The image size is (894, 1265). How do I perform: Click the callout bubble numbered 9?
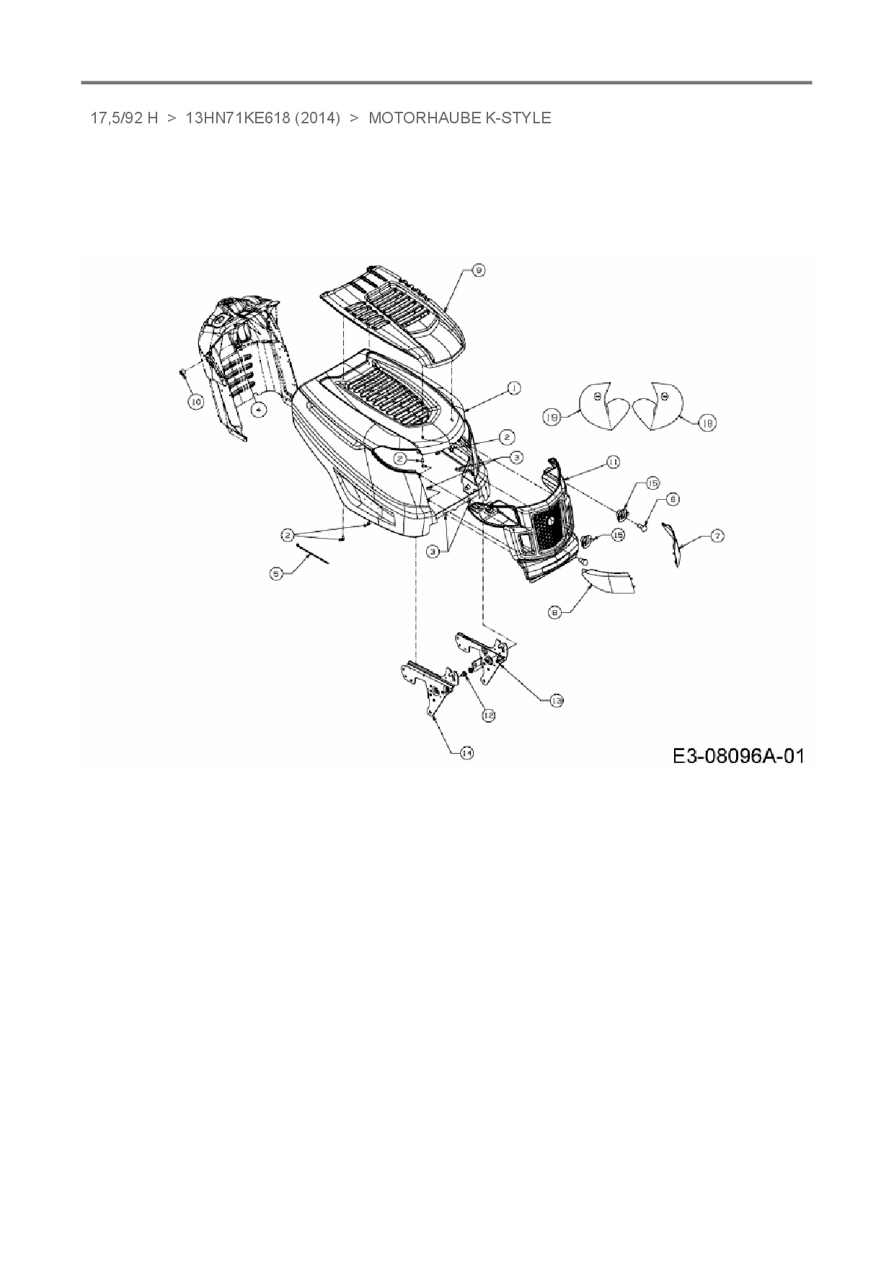tap(478, 270)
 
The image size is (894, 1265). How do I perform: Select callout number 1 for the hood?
tap(513, 389)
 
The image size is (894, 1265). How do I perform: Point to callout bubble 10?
tap(195, 402)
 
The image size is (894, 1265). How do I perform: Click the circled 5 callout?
tap(276, 573)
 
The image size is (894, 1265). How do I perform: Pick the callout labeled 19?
tap(552, 418)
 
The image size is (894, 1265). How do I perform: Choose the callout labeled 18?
tap(707, 424)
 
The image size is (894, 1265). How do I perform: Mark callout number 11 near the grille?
tap(612, 462)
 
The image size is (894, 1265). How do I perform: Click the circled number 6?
tap(672, 498)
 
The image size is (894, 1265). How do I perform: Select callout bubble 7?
tap(717, 535)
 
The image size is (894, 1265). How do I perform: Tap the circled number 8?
tap(554, 612)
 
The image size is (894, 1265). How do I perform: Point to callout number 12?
tap(488, 715)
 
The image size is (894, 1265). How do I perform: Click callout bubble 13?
tap(556, 700)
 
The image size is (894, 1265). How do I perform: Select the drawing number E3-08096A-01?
tap(738, 756)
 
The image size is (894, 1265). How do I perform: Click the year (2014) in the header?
tap(317, 118)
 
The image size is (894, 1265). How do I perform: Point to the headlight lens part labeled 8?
tap(609, 580)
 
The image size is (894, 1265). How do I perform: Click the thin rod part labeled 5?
tap(313, 554)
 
